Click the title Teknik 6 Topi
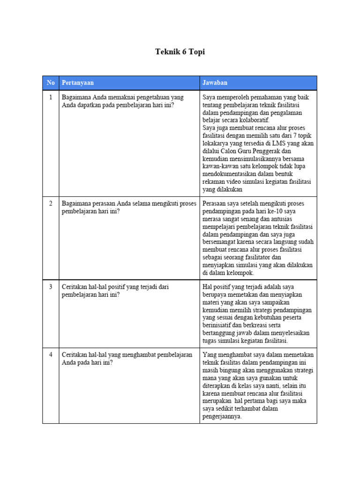180,52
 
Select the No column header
51,82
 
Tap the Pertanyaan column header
78,82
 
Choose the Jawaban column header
215,82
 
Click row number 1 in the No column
51,97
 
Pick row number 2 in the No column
51,204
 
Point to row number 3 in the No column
51,286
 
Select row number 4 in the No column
51,355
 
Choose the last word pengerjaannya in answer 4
222,416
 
